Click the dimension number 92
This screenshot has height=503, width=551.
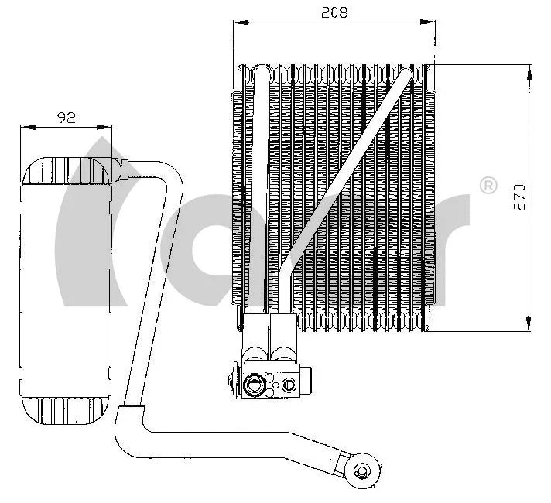[67, 118]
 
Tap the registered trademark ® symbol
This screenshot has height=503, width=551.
[488, 186]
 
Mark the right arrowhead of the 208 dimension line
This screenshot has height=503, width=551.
[427, 24]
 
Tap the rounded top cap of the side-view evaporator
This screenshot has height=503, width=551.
[66, 170]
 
